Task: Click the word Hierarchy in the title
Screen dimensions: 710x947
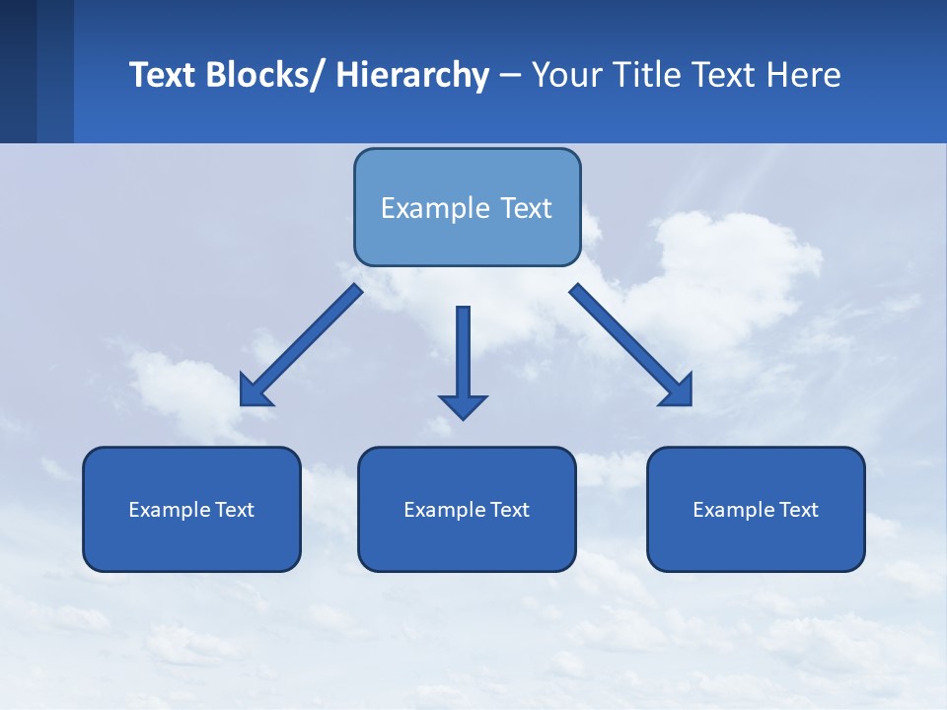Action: coord(412,76)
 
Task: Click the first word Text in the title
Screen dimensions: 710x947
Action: coord(163,76)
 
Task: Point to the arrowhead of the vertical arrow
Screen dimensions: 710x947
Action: coord(463,405)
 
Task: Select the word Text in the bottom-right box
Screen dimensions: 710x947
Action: coord(797,510)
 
